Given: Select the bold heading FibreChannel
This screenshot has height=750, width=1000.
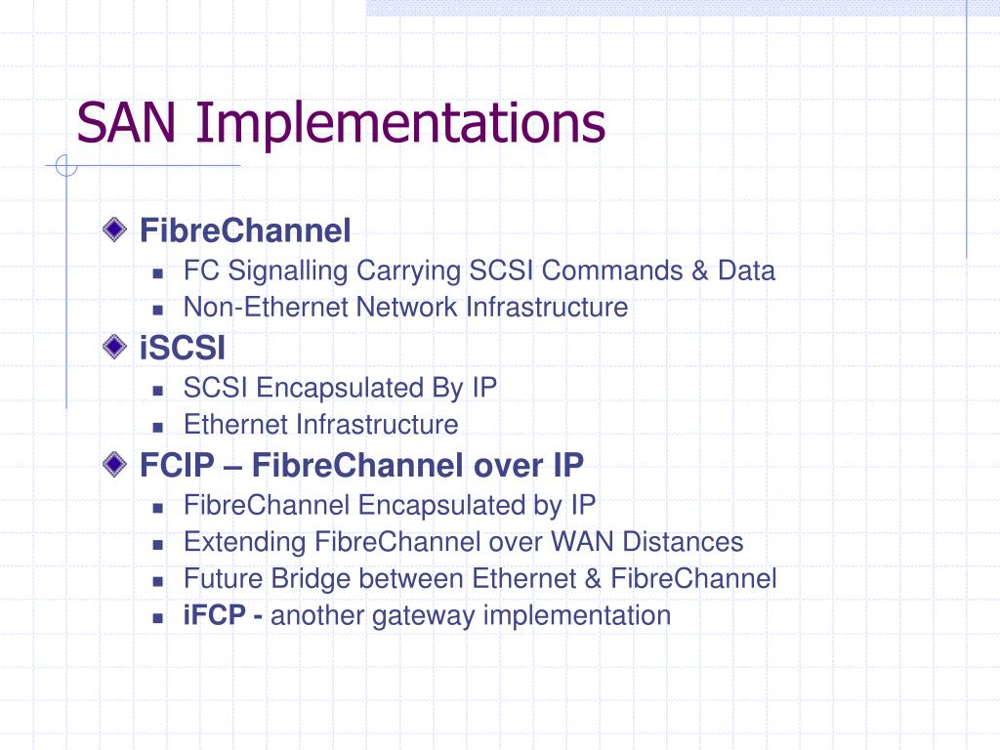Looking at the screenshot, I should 245,231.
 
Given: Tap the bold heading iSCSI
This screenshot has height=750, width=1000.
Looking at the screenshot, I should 183,348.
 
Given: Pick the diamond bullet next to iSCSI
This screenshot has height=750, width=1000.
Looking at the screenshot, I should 115,347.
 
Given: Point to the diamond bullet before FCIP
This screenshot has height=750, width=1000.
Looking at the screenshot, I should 115,464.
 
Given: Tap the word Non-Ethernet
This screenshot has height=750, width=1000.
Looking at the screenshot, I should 266,308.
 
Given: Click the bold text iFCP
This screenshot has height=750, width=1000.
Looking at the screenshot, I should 216,616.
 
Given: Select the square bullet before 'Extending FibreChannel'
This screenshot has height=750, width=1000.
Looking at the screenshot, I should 157,544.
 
